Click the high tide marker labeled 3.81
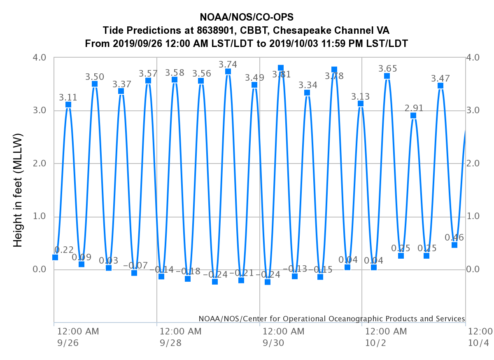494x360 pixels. (281, 68)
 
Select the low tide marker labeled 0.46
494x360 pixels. (454, 245)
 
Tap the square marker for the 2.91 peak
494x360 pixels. (413, 115)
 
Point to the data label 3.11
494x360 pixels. (68, 98)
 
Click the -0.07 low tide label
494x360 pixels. (135, 266)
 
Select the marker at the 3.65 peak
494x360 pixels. (387, 76)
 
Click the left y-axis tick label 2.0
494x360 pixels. (40, 164)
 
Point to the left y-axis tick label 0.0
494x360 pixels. (40, 270)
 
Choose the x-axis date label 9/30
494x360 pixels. (272, 343)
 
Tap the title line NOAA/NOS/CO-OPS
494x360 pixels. (247, 17)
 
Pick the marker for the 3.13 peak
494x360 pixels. (361, 103)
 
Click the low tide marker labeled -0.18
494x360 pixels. (188, 279)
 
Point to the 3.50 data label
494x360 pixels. (95, 77)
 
